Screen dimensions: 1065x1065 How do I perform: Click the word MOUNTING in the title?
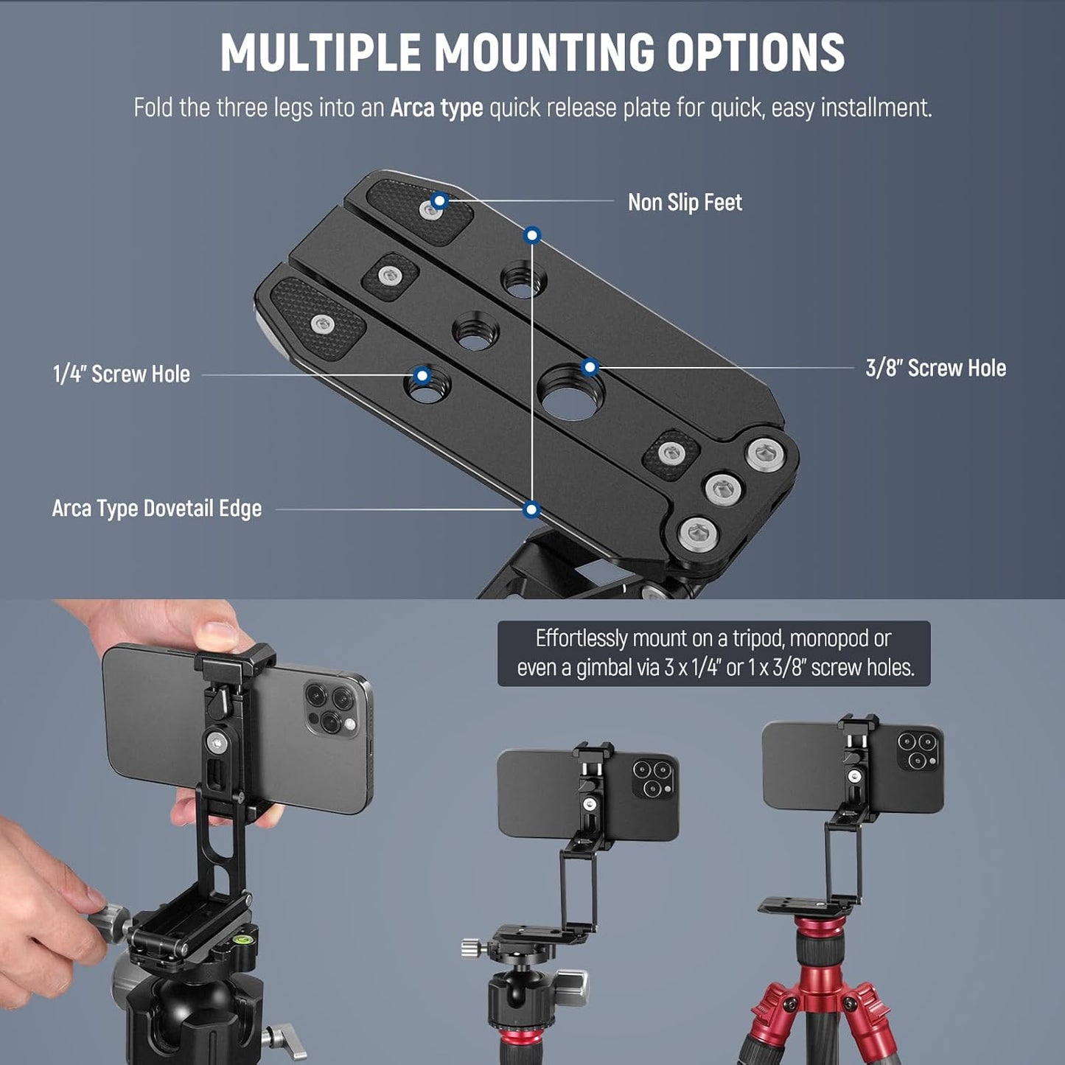pos(543,53)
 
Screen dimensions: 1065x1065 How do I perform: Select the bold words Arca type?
pos(436,108)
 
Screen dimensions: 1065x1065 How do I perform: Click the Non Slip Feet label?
pos(684,203)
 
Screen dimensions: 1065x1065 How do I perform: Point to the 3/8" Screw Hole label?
pos(935,369)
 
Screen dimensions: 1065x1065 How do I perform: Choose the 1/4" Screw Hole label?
pos(122,374)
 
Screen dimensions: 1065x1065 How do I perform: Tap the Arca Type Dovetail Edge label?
pos(157,509)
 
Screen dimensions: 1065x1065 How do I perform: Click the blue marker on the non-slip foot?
pos(439,200)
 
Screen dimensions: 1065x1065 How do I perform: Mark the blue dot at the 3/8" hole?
pos(590,367)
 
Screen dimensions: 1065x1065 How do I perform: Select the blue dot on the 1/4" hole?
pos(422,375)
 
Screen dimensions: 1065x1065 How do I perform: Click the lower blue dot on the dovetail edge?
pos(531,509)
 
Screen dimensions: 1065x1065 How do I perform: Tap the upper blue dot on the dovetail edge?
pos(532,235)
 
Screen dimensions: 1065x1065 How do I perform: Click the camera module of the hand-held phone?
pos(331,708)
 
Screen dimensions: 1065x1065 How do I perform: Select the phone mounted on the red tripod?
pos(853,767)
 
